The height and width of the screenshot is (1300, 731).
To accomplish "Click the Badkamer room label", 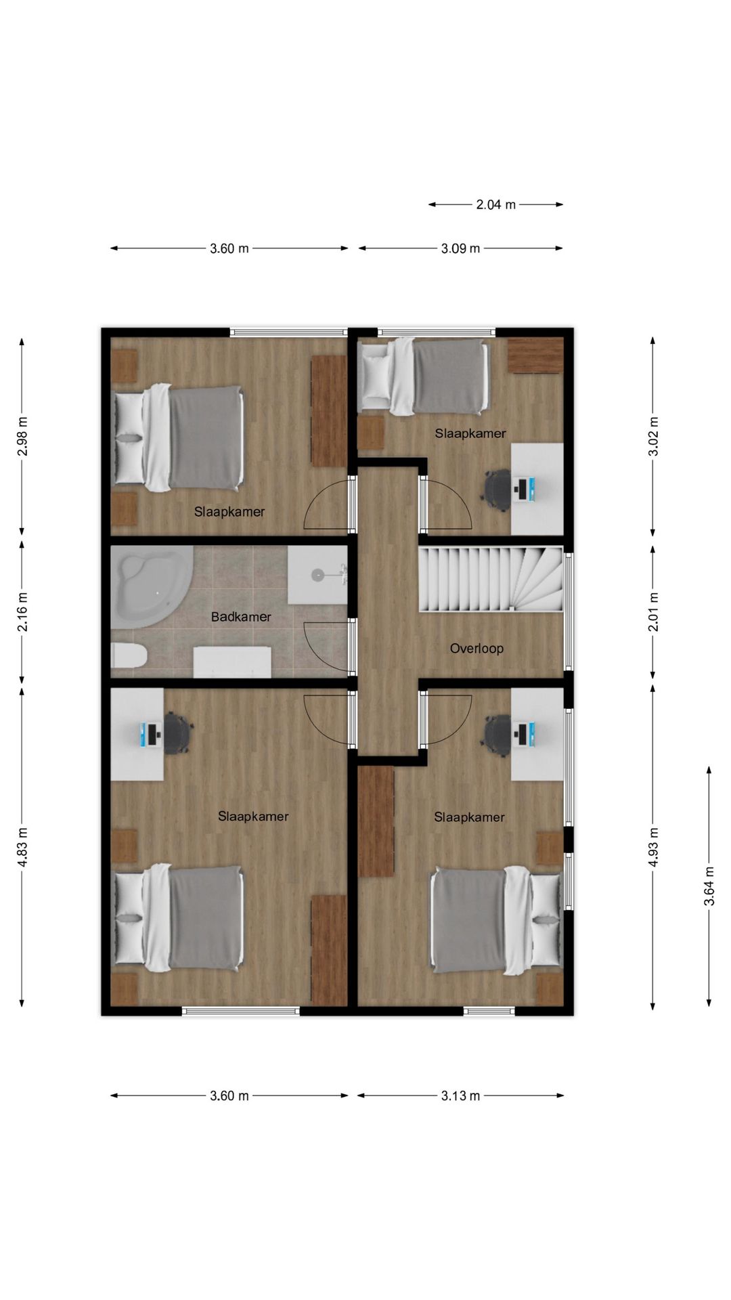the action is click(x=241, y=617).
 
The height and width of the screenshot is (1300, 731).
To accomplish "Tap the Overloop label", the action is click(x=477, y=649).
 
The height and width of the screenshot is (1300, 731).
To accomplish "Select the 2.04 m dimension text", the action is click(x=495, y=204).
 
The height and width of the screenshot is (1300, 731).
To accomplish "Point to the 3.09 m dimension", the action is click(x=460, y=248).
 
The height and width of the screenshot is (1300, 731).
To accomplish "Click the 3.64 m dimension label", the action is click(x=709, y=886).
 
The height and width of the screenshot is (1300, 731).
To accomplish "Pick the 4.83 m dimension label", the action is click(x=22, y=847).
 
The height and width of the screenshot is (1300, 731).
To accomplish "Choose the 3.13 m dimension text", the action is click(x=460, y=1096).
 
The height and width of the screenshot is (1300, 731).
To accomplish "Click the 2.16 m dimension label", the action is click(x=22, y=611).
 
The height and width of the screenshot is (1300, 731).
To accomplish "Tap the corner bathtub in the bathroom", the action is click(x=151, y=586).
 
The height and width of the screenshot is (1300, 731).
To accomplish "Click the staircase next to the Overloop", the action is click(x=491, y=580).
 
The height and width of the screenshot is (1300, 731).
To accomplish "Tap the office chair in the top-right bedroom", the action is click(x=497, y=487).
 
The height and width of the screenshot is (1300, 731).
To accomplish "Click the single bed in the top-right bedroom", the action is click(x=424, y=376).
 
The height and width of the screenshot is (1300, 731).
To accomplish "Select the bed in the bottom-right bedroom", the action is click(x=496, y=920).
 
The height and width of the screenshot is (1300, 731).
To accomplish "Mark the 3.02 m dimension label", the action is click(x=653, y=436).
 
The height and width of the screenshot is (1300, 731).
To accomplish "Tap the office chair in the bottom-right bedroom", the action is click(x=497, y=734).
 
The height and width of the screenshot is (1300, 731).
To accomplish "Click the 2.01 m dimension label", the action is click(x=653, y=611).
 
